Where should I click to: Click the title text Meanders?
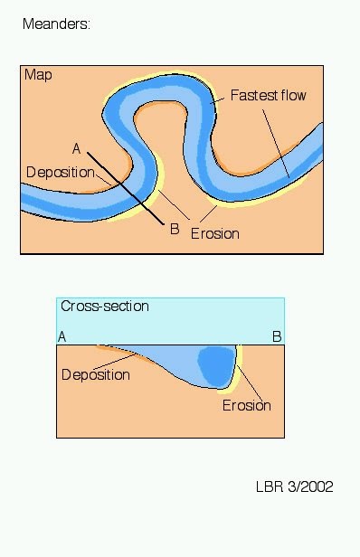[56, 24]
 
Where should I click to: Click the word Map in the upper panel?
[38, 75]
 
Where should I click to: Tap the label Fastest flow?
[269, 94]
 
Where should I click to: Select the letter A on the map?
[77, 147]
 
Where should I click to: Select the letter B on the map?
[175, 229]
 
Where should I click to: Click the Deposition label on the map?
[60, 173]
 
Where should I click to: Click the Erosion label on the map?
[214, 233]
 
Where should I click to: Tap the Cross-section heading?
[104, 307]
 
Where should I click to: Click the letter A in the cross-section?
[62, 336]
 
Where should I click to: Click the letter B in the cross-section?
[278, 336]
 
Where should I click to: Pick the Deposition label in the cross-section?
[96, 374]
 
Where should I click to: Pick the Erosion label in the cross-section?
[247, 405]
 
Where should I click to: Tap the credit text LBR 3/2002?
[294, 486]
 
